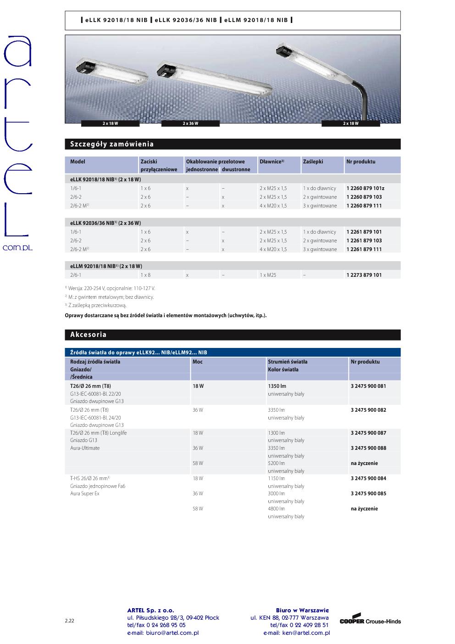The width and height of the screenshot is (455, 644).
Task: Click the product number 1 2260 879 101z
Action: pos(365,188)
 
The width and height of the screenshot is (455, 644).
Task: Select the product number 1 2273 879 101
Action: pos(364,275)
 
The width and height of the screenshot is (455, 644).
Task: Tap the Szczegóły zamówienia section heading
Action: pos(112,144)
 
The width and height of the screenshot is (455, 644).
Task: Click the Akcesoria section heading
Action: pos(89,335)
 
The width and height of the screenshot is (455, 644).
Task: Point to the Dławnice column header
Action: pos(272,162)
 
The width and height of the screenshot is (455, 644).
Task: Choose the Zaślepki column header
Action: pos(313,162)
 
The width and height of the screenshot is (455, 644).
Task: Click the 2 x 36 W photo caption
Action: pos(190,123)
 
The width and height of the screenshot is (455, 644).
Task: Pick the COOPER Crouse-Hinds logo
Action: pos(370,621)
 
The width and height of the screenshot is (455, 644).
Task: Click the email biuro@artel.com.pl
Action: pos(163,633)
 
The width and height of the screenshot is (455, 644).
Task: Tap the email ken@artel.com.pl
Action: pos(296,633)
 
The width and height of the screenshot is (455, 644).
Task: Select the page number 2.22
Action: pos(70,621)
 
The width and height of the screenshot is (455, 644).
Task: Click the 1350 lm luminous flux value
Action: pos(277,386)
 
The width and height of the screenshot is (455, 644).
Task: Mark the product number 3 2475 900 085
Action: pos(368,493)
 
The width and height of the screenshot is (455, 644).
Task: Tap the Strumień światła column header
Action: pos(288,362)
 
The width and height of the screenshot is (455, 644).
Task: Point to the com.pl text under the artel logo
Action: pos(17,247)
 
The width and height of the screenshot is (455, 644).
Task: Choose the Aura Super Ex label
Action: pos(85,493)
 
